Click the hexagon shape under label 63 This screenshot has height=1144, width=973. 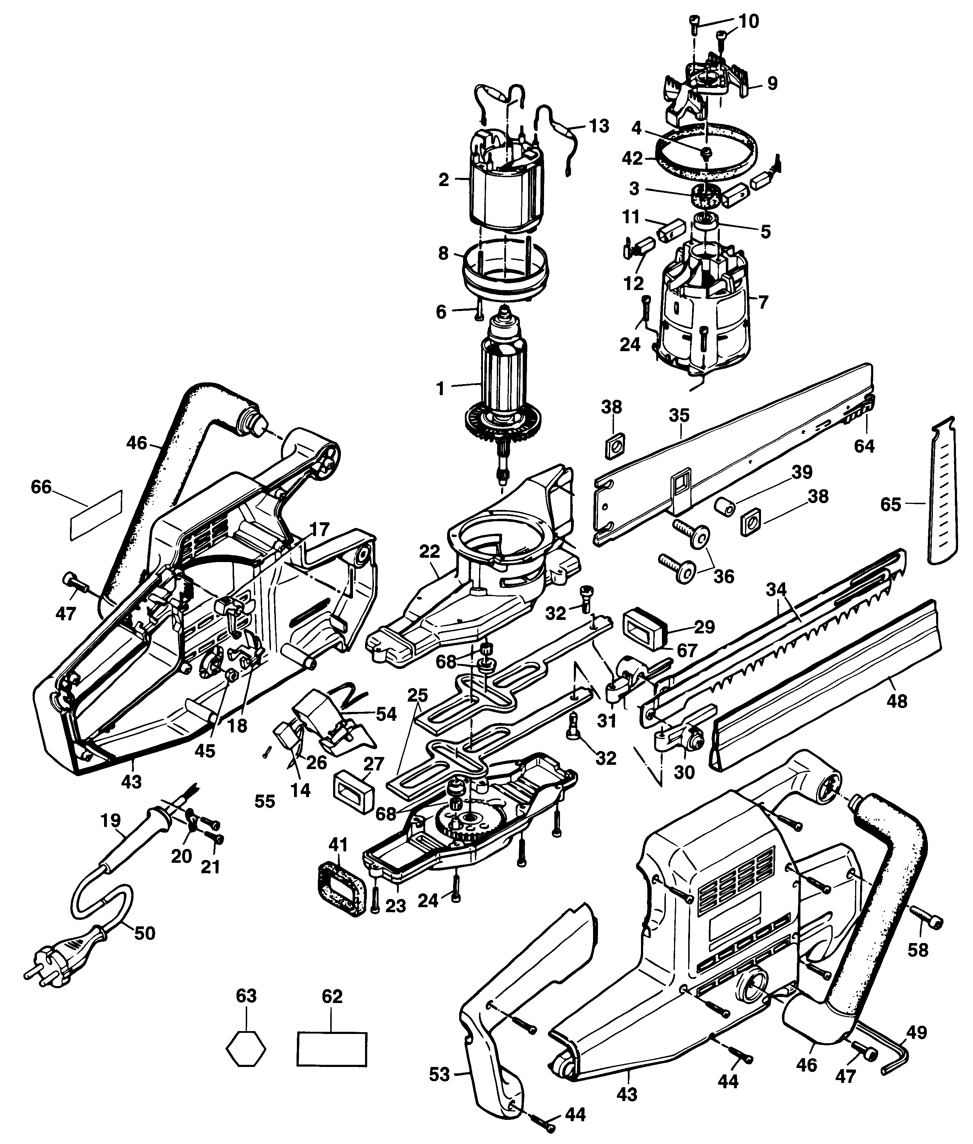246,1047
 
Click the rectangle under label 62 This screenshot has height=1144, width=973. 332,1048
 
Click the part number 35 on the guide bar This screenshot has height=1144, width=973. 680,415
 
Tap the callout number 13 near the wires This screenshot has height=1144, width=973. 598,126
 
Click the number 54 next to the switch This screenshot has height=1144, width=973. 386,714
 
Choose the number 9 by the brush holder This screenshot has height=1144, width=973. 772,83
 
